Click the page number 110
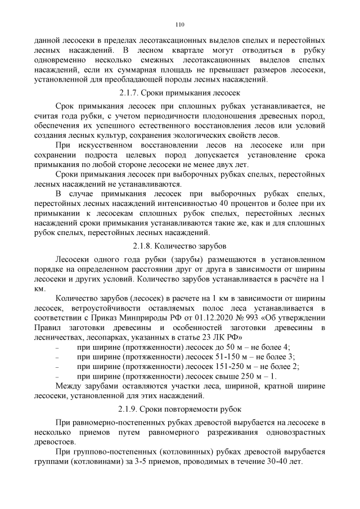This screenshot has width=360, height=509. coord(180,25)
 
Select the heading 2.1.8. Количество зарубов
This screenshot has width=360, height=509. coord(180,246)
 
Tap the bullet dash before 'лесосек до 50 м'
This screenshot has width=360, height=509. coord(58,347)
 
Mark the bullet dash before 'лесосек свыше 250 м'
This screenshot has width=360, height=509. coord(58,377)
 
